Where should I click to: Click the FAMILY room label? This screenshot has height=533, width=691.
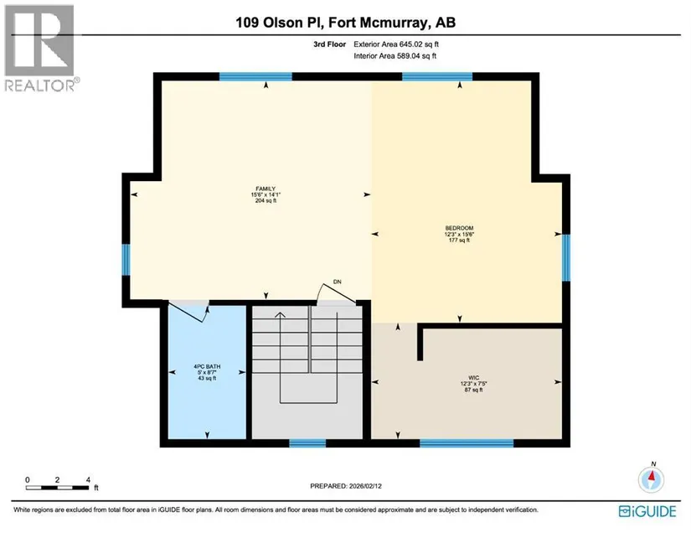click(x=266, y=189)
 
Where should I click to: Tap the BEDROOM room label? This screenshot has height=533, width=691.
click(x=459, y=228)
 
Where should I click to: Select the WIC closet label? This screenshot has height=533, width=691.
click(x=474, y=378)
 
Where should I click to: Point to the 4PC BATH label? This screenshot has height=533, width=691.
click(x=207, y=366)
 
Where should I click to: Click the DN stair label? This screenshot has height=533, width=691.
click(x=338, y=282)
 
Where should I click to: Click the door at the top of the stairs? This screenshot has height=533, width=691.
click(x=337, y=294)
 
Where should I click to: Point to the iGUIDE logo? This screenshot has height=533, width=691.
click(x=647, y=511)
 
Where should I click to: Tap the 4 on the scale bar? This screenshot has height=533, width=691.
click(x=88, y=479)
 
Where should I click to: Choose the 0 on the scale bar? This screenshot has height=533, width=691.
click(x=28, y=479)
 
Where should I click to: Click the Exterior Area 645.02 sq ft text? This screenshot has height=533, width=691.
click(x=396, y=44)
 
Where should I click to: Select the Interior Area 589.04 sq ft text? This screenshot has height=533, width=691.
click(x=394, y=56)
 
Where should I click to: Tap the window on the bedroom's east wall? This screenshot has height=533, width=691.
click(x=566, y=257)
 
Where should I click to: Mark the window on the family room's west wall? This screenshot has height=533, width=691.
click(x=126, y=260)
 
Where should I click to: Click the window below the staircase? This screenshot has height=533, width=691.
click(x=307, y=443)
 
